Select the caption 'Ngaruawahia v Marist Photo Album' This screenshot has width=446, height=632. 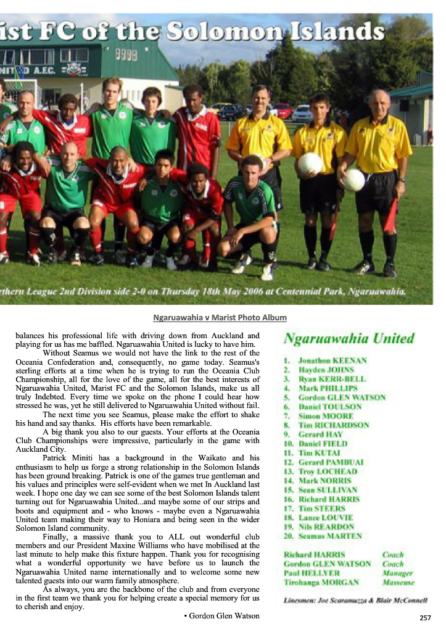220,318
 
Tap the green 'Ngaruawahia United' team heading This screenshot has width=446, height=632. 349,338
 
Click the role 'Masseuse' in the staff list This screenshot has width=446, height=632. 398,582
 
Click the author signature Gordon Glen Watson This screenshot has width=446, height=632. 221,615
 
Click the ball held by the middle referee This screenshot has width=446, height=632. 310,163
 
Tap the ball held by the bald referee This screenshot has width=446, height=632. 353,180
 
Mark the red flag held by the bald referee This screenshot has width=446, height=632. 390,213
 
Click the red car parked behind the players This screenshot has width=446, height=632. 281,110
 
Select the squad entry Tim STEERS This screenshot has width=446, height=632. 321,509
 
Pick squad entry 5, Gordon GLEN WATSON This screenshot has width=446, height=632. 342,397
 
